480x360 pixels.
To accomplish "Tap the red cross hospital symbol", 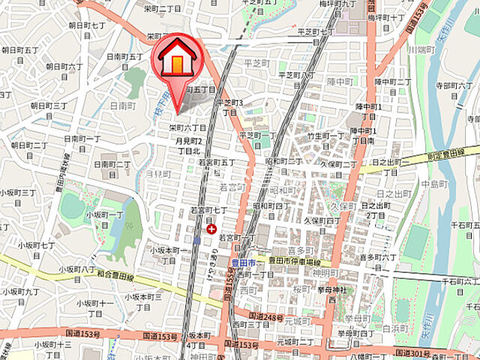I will click(212, 229).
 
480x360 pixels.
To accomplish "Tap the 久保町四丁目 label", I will click(322, 220).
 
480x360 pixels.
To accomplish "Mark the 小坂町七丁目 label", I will click(38, 244).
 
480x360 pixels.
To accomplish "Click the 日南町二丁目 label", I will click(112, 164).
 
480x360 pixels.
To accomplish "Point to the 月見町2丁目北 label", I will click(189, 145).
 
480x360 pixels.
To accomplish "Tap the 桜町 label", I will click(302, 288).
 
